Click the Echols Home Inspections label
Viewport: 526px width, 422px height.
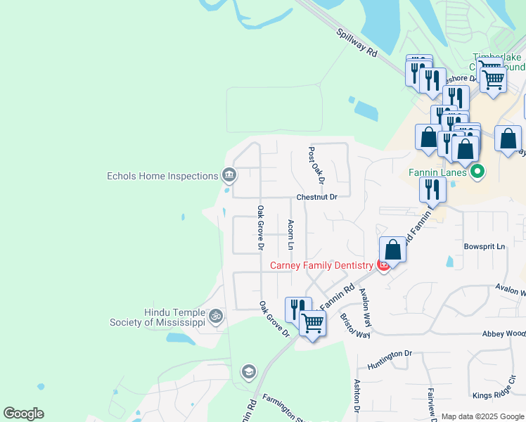coord(162,176)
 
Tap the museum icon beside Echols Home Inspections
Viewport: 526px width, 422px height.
coord(229,174)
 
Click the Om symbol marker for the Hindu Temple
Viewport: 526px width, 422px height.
coord(216,316)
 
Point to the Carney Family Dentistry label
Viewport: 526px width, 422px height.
coord(321,265)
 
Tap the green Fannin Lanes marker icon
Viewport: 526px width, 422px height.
coord(478,171)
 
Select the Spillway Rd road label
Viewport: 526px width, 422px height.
coord(357,44)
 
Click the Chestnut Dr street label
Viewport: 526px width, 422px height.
coord(317,197)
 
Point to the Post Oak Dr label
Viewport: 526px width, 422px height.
coord(315,166)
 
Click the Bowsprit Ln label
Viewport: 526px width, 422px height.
coord(484,247)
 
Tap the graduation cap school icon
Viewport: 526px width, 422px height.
coord(248,371)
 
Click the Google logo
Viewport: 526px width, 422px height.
coord(23,414)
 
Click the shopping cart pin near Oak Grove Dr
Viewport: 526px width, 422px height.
coord(312,324)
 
